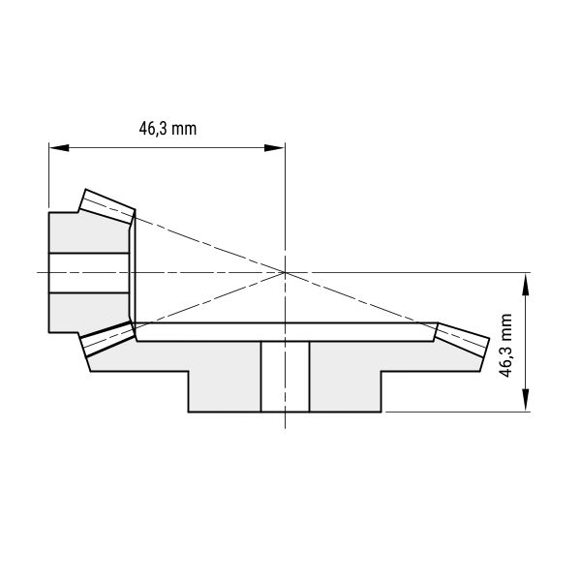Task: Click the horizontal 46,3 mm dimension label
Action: pyautogui.click(x=168, y=129)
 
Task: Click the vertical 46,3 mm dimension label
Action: pyautogui.click(x=505, y=346)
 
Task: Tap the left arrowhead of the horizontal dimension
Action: pyautogui.click(x=59, y=148)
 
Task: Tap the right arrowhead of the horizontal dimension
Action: pyautogui.click(x=274, y=148)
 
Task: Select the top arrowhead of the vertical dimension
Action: pyautogui.click(x=526, y=284)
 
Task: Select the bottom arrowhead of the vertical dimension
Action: pyautogui.click(x=526, y=399)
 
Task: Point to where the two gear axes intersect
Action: pyautogui.click(x=285, y=273)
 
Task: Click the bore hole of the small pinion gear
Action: pyautogui.click(x=89, y=273)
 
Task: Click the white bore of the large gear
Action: pyautogui.click(x=285, y=376)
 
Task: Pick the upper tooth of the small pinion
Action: pyautogui.click(x=107, y=206)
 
